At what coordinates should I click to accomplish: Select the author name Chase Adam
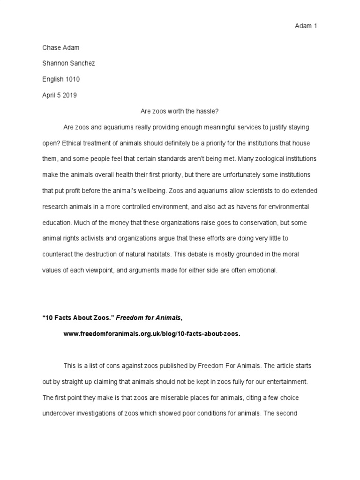click(61, 48)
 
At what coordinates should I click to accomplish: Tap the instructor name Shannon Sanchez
click(69, 64)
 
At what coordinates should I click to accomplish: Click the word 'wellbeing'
click(198, 191)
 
